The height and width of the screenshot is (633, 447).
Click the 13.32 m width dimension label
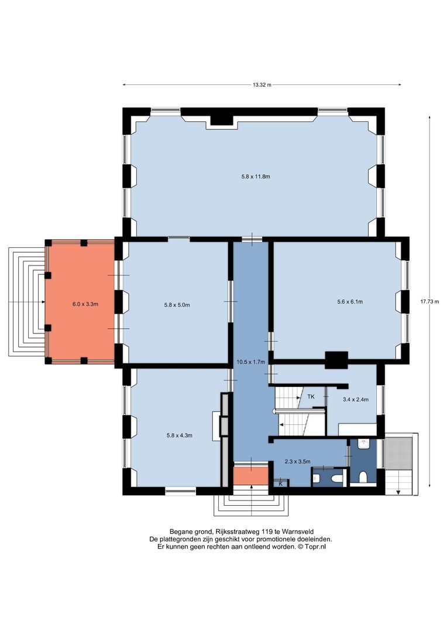tap(262, 85)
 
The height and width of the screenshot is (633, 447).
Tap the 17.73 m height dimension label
tap(429, 302)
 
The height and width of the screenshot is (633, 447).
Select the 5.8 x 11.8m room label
tap(256, 176)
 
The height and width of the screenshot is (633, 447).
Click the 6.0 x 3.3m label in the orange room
tap(85, 304)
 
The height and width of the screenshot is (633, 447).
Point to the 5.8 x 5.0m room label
tap(177, 305)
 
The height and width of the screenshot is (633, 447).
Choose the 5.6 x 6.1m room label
tap(350, 302)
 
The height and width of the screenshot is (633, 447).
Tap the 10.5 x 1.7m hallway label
tap(251, 362)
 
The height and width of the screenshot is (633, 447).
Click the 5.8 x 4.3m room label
tap(180, 435)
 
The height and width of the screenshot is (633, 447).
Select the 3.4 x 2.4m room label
tap(356, 400)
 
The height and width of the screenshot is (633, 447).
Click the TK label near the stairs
tap(311, 397)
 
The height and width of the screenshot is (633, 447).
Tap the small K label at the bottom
tap(281, 484)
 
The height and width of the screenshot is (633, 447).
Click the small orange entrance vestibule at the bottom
tap(251, 475)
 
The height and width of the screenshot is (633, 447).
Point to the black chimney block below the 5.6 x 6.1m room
tap(336, 360)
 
